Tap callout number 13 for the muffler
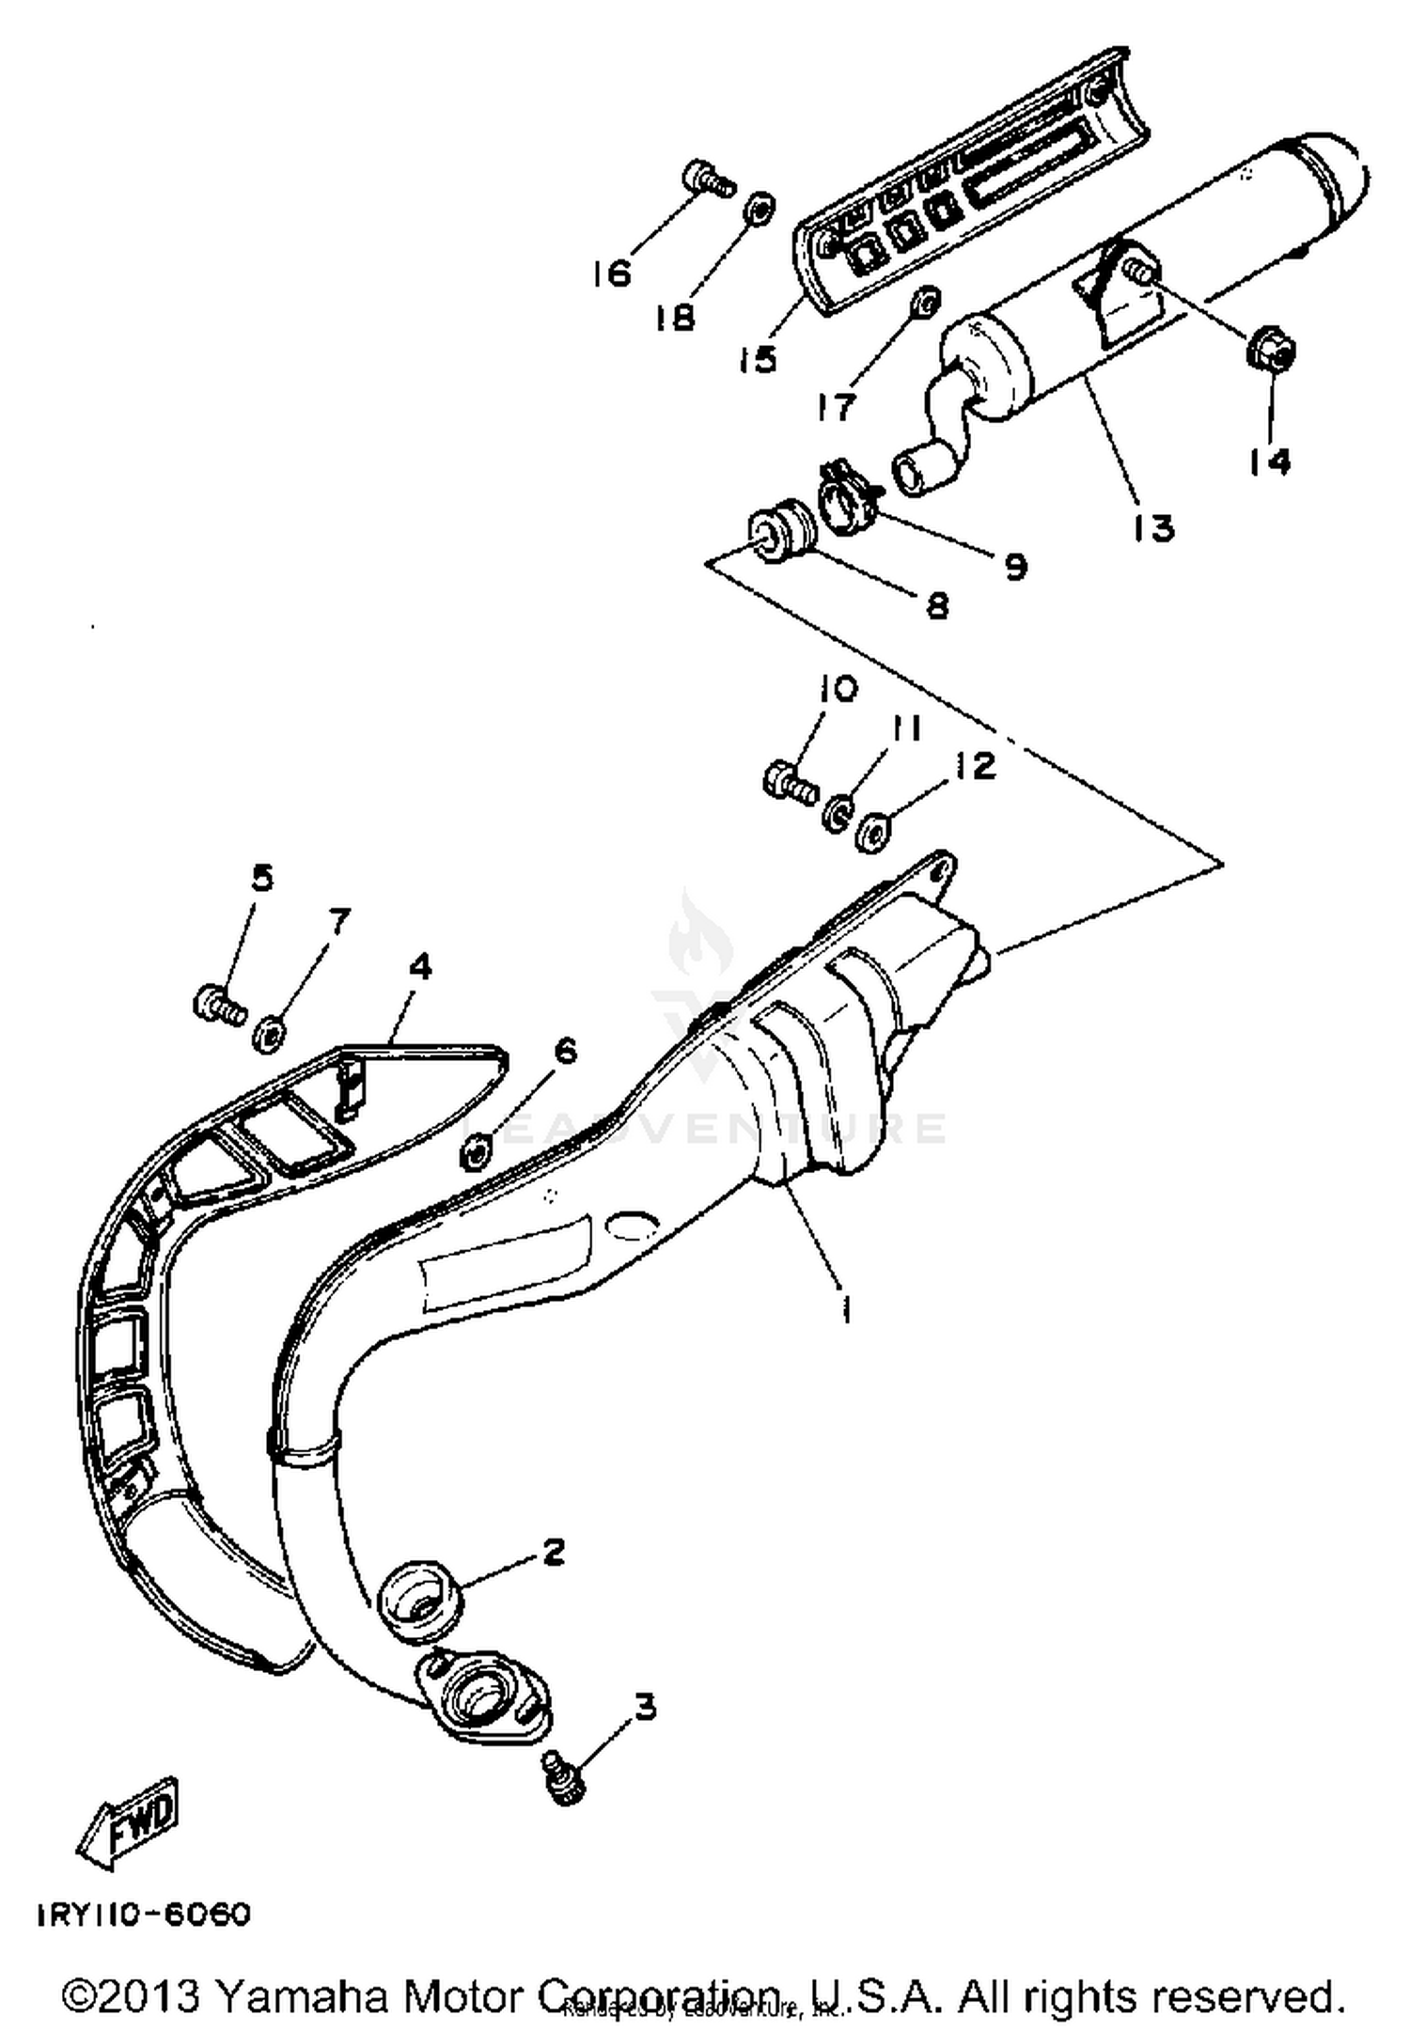pyautogui.click(x=1153, y=528)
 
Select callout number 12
pyautogui.click(x=976, y=766)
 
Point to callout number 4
pyautogui.click(x=419, y=965)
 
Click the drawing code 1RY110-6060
pyautogui.click(x=144, y=1914)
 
